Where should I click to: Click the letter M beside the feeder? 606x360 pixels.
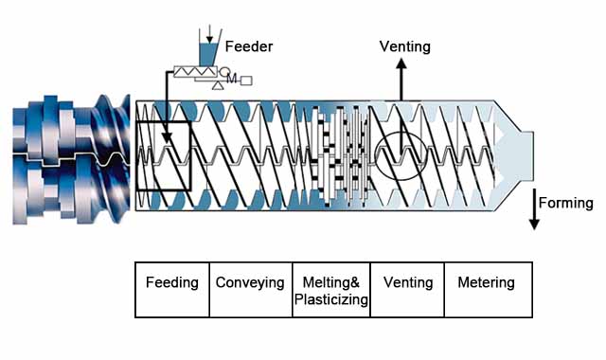tap(232, 79)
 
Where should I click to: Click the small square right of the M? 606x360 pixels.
tap(246, 80)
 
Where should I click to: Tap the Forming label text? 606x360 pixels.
tap(565, 203)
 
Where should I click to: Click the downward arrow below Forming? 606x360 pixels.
tap(535, 220)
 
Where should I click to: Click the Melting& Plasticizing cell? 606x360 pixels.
tap(330, 290)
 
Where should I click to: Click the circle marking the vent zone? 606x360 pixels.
tap(401, 153)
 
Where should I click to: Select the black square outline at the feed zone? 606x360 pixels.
tap(164, 156)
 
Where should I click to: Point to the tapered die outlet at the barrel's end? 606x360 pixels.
tap(516, 155)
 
